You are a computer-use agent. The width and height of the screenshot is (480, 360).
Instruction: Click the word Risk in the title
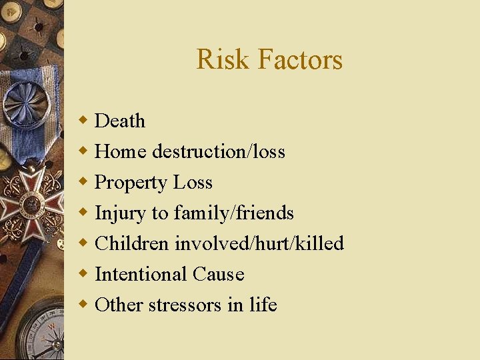[x=223, y=60]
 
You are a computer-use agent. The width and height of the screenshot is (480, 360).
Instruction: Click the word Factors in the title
[x=299, y=60]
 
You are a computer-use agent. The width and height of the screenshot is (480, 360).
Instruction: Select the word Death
[x=120, y=121]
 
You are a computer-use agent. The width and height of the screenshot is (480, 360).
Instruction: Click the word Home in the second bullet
[x=121, y=151]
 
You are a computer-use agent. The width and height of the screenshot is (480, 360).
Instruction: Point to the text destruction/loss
[x=219, y=151]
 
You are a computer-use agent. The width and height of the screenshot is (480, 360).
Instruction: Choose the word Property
[x=131, y=183]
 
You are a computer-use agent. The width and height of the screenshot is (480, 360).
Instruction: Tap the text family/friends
[x=233, y=213]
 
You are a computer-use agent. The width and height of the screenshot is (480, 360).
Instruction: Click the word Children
[x=132, y=243]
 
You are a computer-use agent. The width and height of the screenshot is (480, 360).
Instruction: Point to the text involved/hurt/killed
[x=259, y=243]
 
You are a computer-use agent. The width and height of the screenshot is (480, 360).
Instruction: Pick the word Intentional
[x=141, y=274]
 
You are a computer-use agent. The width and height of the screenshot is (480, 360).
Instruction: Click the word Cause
[x=218, y=274]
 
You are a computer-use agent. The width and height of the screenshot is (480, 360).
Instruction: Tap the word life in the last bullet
[x=263, y=305]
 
